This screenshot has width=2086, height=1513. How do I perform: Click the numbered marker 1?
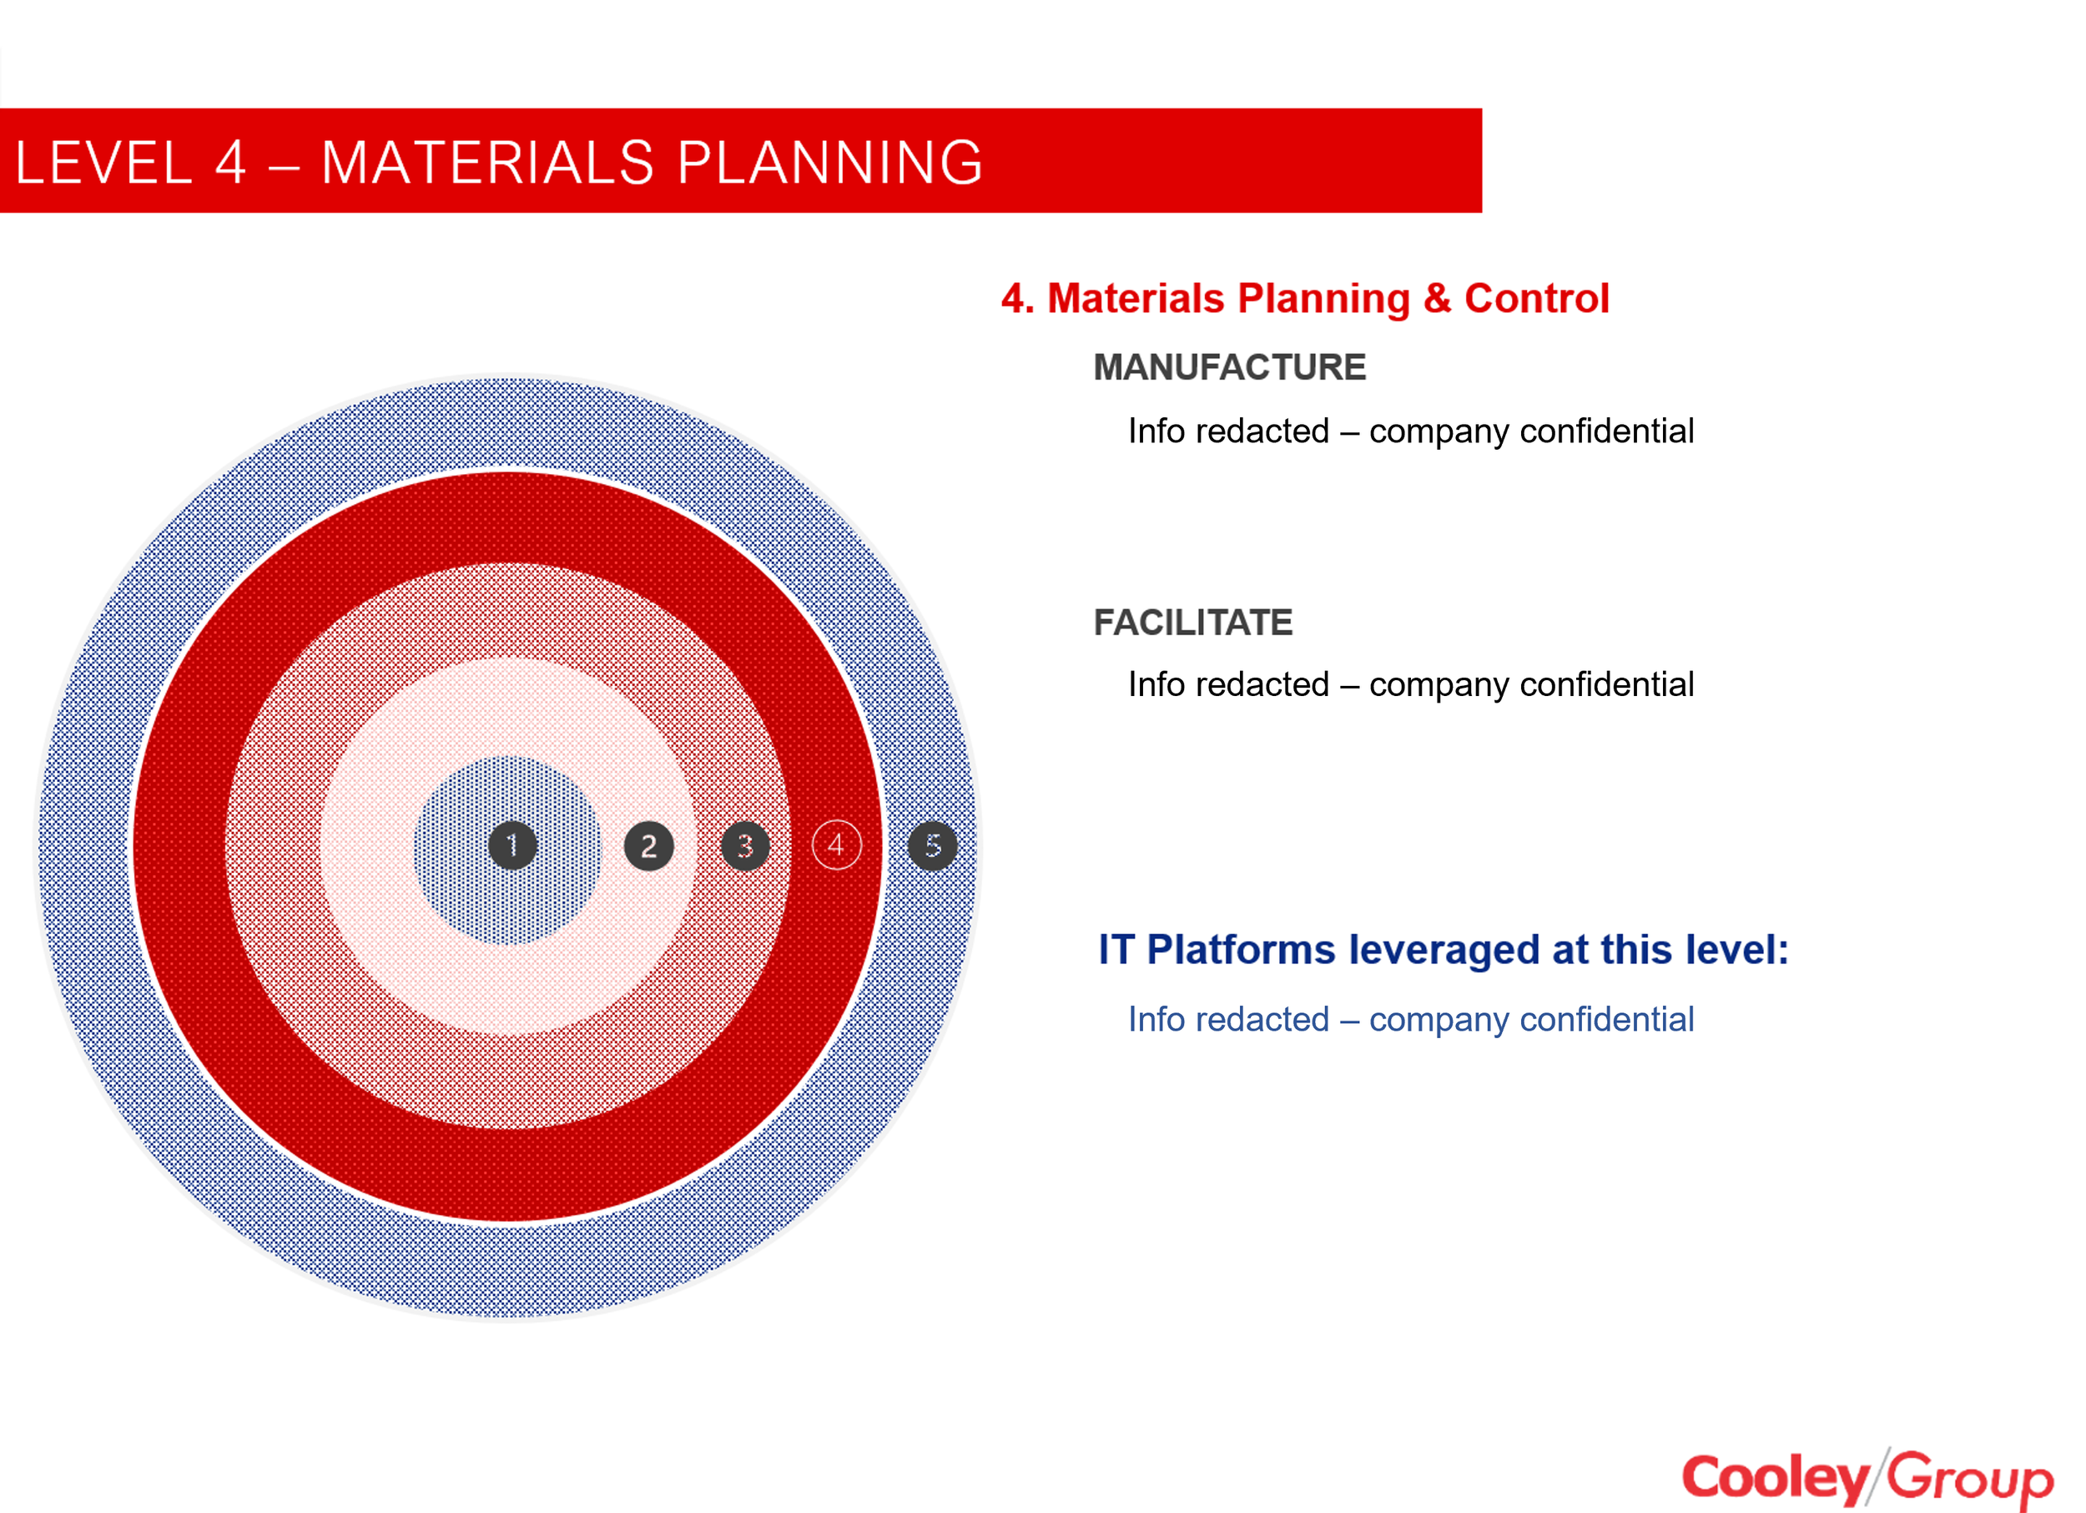(x=512, y=845)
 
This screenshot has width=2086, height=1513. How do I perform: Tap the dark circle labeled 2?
(x=648, y=846)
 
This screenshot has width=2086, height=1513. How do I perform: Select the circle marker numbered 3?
(x=745, y=846)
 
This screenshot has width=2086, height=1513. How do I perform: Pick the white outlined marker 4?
(x=836, y=845)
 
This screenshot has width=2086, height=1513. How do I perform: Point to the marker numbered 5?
(x=933, y=845)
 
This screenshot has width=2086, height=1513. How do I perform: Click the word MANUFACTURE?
(x=1229, y=367)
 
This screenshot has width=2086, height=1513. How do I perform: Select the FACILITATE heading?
(x=1193, y=623)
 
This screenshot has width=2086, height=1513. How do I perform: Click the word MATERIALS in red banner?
(x=487, y=163)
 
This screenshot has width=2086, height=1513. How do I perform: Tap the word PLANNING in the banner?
(x=830, y=163)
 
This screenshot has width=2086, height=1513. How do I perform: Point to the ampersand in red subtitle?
(x=1437, y=299)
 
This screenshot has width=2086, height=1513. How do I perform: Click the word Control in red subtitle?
(x=1536, y=299)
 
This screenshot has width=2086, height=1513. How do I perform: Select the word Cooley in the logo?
(x=1773, y=1478)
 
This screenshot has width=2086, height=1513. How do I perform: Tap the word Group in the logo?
(x=1970, y=1478)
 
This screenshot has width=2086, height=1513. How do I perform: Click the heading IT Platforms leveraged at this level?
(x=1443, y=949)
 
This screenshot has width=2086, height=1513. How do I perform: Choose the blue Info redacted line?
(x=1410, y=1019)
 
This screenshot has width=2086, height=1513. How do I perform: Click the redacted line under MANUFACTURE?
(x=1410, y=431)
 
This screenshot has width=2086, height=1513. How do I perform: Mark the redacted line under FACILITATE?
(x=1410, y=684)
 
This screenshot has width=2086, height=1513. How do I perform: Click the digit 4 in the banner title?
(x=231, y=163)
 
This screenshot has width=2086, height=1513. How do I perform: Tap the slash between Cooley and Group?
(x=1878, y=1476)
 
